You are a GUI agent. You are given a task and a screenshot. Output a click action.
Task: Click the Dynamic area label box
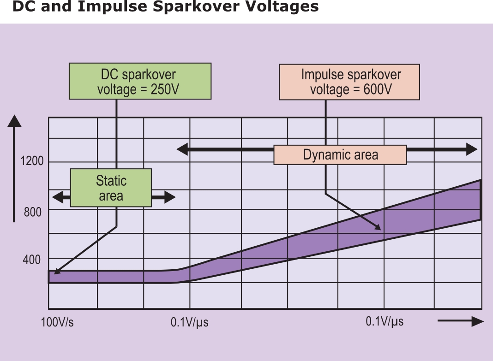tap(340, 155)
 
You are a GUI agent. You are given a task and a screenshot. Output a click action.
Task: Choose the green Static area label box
tap(111, 188)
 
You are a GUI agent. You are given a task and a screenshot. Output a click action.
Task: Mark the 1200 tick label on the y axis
tap(32, 161)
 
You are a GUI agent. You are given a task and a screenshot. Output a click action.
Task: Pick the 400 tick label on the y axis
tap(32, 260)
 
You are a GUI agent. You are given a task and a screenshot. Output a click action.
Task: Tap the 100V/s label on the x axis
tap(57, 322)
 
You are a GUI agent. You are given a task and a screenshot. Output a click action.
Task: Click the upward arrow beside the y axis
tap(14, 121)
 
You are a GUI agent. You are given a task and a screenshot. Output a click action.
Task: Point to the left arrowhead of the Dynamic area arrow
tap(182, 149)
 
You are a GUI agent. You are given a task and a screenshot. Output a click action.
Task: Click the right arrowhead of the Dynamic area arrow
tap(472, 149)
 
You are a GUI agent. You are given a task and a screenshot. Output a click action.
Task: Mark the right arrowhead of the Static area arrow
tap(170, 198)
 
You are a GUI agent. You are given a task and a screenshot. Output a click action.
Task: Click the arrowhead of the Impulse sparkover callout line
tap(377, 226)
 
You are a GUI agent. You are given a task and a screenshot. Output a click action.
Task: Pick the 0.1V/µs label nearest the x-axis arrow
tap(385, 321)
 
